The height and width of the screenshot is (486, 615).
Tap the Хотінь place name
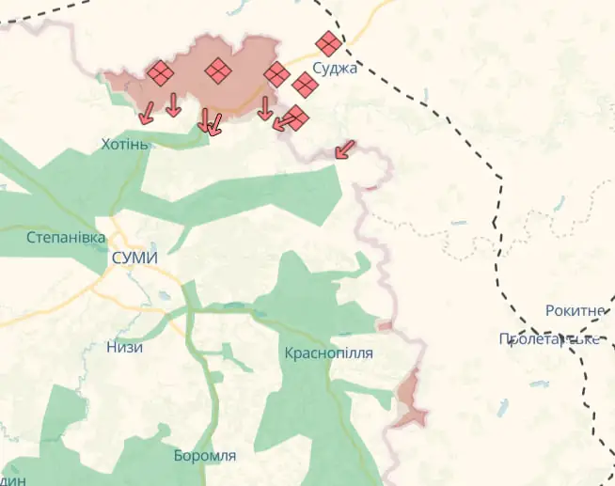coord(125,144)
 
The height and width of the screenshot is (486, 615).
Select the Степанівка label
coord(66,237)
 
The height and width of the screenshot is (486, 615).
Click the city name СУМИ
coord(134,259)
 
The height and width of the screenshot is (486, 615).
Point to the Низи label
coord(125,347)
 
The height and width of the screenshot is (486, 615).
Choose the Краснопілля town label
coord(328,353)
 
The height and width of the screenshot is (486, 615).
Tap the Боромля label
coord(205,456)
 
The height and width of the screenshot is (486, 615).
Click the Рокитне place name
coord(575,310)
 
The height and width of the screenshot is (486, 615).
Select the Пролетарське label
coord(550,339)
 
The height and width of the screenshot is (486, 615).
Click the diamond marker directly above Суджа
coord(329,43)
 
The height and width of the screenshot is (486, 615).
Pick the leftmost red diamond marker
coord(161,73)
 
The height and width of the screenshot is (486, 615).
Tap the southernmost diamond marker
coord(297,118)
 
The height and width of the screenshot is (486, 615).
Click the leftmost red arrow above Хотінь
coord(147,113)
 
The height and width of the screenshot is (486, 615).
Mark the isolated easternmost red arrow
coord(345,149)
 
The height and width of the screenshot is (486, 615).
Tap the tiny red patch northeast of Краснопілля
coord(385,325)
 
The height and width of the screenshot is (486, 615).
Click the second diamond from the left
coord(218,70)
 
